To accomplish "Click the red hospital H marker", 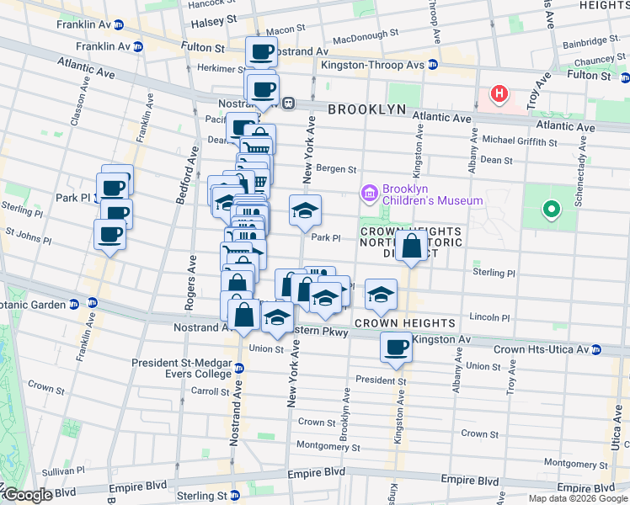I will tap(500, 93).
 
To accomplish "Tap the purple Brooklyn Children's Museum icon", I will tap(369, 194).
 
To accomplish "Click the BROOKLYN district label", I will tap(366, 109).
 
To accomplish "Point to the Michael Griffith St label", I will tap(518, 140).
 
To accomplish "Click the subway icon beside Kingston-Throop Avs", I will tap(433, 65).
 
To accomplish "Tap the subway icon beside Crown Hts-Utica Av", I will tap(596, 349).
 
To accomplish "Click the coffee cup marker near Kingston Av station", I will tap(396, 347).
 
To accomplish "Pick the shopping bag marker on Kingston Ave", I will tap(412, 247).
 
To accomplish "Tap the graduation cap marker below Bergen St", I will tap(305, 210).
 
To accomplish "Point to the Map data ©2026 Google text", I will tap(566, 498).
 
